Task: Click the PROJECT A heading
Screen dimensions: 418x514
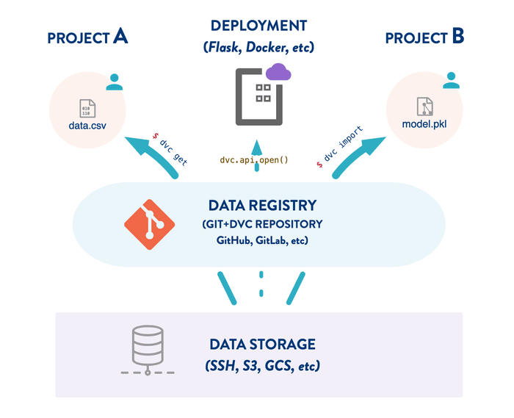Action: click(87, 37)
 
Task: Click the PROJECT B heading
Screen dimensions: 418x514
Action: click(424, 37)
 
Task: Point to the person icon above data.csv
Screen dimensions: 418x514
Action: click(114, 82)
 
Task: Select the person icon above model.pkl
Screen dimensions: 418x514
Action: click(451, 82)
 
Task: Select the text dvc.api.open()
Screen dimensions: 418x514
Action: click(255, 159)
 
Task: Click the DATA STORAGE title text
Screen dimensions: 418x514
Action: click(262, 344)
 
